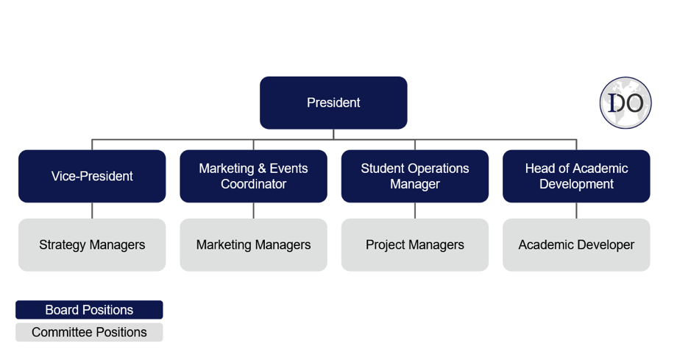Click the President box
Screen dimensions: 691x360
click(x=333, y=102)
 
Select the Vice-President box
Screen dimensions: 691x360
click(x=92, y=176)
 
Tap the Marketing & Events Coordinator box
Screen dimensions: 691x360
click(x=253, y=176)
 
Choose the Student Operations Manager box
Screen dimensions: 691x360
click(x=415, y=176)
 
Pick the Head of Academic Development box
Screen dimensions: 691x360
click(x=576, y=176)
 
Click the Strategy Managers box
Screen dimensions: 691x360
click(x=92, y=245)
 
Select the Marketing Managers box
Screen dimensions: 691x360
click(x=253, y=245)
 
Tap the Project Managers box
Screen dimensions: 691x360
click(x=415, y=245)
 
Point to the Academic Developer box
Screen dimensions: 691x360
click(x=576, y=245)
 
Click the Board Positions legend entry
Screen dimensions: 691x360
click(x=89, y=310)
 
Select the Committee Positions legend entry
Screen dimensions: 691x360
click(x=89, y=332)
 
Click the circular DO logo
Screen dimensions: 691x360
click(x=626, y=103)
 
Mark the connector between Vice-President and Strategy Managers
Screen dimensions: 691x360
click(x=92, y=211)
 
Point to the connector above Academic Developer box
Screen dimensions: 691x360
click(x=576, y=211)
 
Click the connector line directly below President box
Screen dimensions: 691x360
click(x=333, y=135)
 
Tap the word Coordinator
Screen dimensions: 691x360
click(x=253, y=184)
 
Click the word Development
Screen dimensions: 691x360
click(x=576, y=184)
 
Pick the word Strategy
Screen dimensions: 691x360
click(x=62, y=245)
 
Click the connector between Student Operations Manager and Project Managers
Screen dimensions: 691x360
click(x=415, y=211)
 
